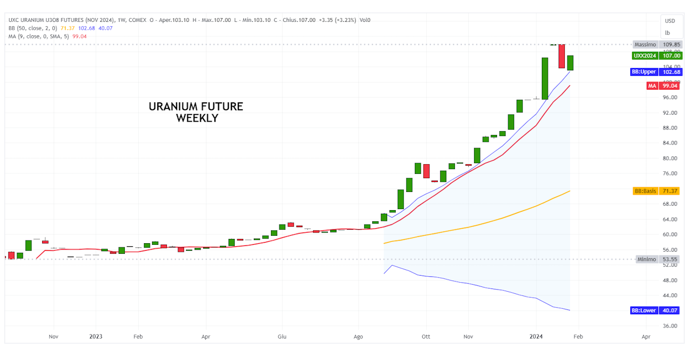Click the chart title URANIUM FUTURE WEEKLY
196,112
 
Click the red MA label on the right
652,86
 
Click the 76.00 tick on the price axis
670,174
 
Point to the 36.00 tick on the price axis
670,326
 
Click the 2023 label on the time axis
96,337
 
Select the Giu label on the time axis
283,337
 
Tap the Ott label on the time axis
426,337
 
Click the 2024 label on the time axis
536,337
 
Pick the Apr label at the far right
646,337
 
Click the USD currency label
670,21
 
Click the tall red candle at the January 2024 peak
562,56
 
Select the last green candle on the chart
570,63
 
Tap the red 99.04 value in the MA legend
79,36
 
